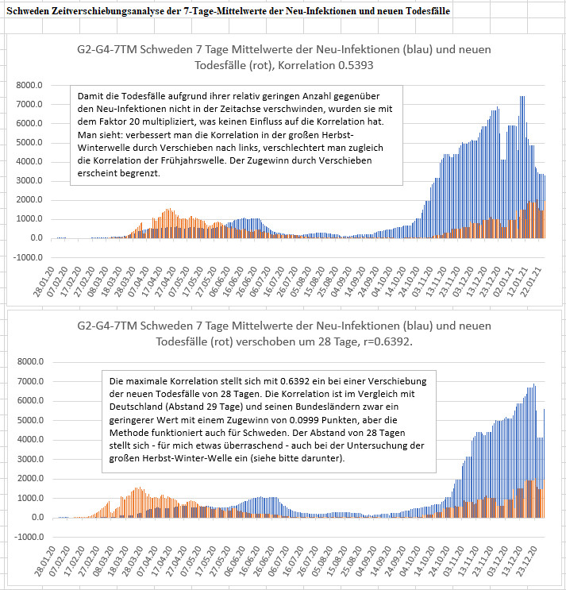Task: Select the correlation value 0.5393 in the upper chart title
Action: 356,65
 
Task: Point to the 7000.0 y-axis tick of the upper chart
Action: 29,104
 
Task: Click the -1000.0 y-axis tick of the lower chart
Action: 29,537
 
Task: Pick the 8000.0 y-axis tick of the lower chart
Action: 30,361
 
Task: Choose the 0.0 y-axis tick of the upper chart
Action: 37,237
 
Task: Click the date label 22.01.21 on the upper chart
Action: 529,281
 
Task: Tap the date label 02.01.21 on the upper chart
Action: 502,281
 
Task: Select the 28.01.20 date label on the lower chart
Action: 44,561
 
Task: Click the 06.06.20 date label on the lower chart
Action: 235,561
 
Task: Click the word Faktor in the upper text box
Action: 113,121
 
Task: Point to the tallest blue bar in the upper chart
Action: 522,167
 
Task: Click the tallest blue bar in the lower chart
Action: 534,451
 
